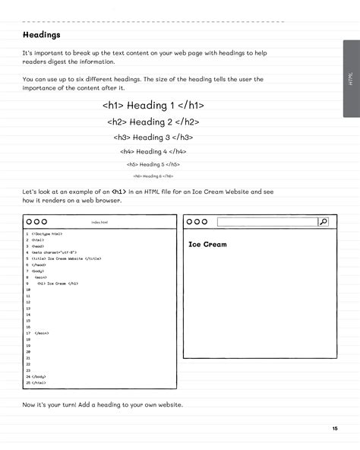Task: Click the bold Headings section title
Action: pos(42,35)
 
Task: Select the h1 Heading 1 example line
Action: pos(153,106)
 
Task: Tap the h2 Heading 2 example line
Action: pos(153,122)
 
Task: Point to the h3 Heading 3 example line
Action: pos(153,138)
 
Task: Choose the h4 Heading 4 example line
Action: pos(153,151)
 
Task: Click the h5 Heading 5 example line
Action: pos(153,164)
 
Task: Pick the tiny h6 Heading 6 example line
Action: pos(153,176)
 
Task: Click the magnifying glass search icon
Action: pos(323,222)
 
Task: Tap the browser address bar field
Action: pos(267,222)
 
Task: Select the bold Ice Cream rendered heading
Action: pos(207,245)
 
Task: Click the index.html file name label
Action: pos(99,222)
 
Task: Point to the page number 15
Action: pos(334,429)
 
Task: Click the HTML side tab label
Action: pos(350,80)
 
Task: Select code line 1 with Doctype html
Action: pos(46,234)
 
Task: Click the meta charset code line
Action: pos(53,252)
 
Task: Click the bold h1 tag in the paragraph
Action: pos(118,192)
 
